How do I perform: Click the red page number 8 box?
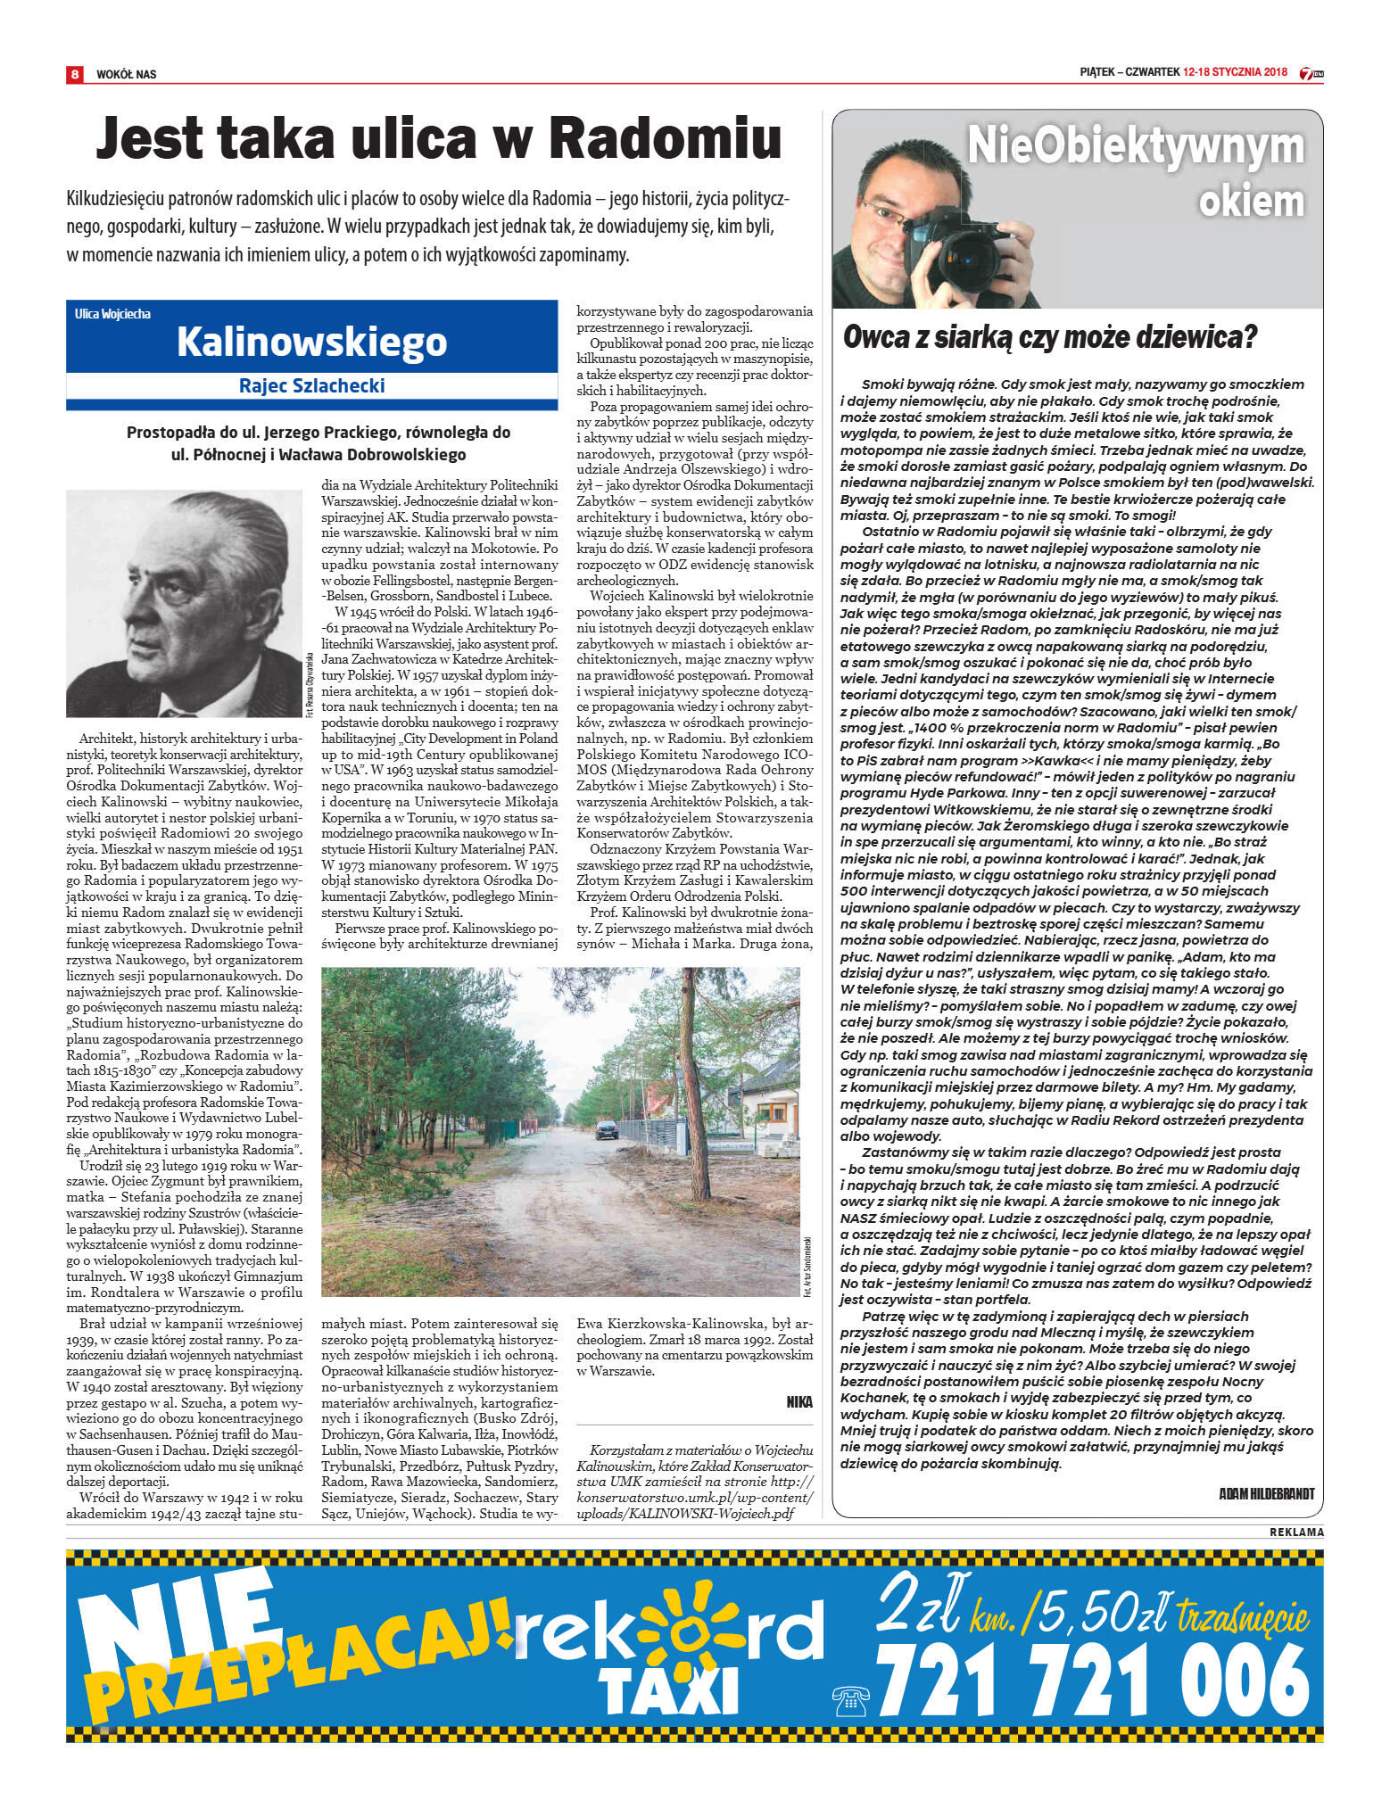pyautogui.click(x=74, y=74)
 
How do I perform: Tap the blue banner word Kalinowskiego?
pyautogui.click(x=311, y=342)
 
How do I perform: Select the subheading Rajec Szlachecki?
pyautogui.click(x=311, y=385)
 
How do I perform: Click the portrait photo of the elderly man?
pyautogui.click(x=184, y=603)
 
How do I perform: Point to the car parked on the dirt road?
pyautogui.click(x=607, y=1129)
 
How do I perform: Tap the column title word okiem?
pyautogui.click(x=1251, y=201)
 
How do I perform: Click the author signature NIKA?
pyautogui.click(x=799, y=1402)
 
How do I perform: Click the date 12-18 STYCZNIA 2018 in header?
pyautogui.click(x=1235, y=73)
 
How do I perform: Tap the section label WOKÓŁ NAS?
pyautogui.click(x=126, y=74)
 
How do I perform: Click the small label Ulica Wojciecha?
pyautogui.click(x=113, y=314)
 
